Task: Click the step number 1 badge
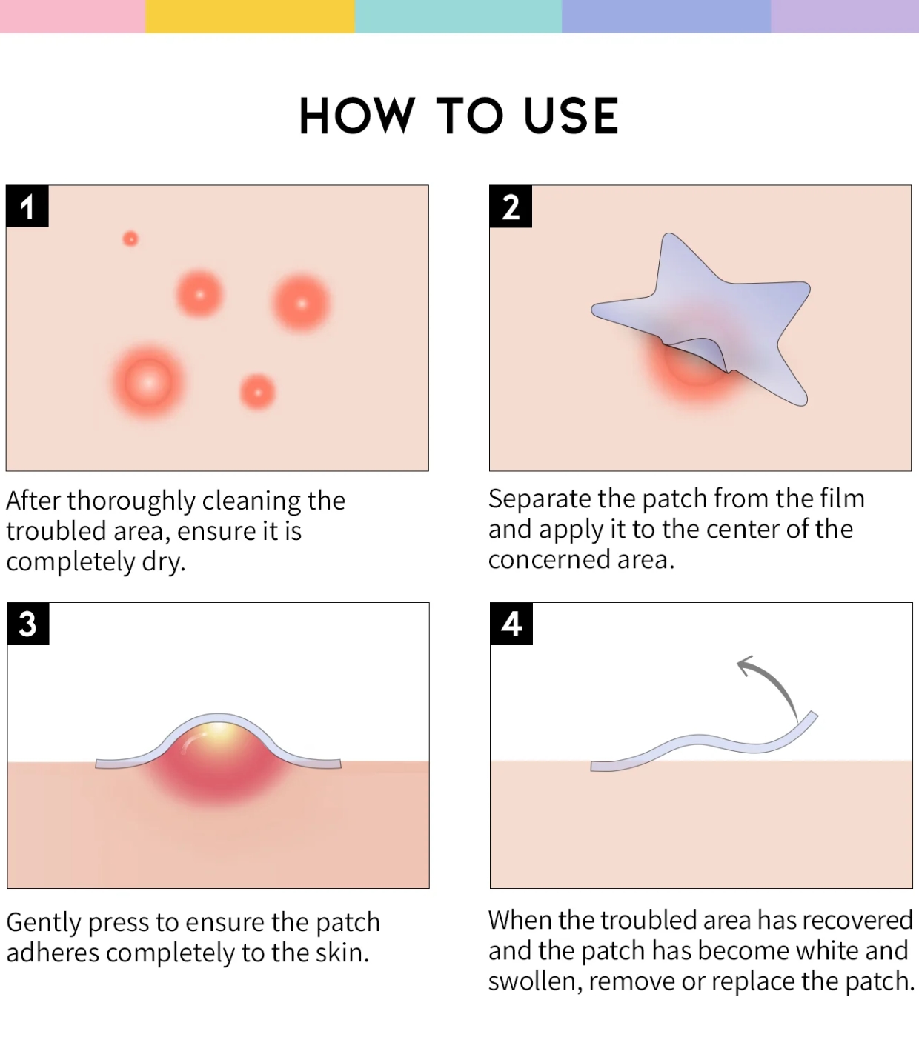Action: (x=27, y=206)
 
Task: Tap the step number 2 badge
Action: (x=511, y=206)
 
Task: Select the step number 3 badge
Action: (x=28, y=624)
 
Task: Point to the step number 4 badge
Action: (x=511, y=624)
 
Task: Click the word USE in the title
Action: (x=571, y=116)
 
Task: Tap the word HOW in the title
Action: (x=357, y=116)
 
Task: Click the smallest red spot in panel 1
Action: (x=130, y=239)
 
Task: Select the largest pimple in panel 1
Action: (x=148, y=381)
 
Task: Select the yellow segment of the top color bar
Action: (x=250, y=16)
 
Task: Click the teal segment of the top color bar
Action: (x=459, y=16)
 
